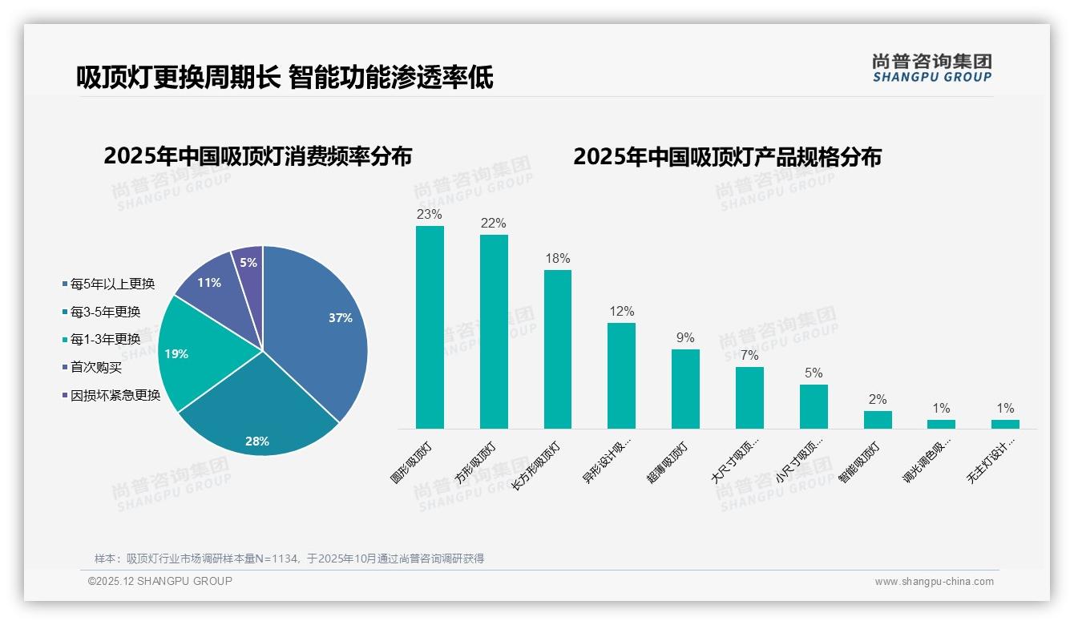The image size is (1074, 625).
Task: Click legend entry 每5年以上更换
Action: (x=112, y=284)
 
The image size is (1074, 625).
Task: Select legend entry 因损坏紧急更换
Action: (x=115, y=395)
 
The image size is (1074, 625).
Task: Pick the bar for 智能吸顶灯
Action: (x=878, y=420)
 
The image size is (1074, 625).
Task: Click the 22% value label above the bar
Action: (x=494, y=224)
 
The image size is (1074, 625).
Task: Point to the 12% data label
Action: (x=621, y=312)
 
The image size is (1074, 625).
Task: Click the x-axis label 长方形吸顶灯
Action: (x=539, y=466)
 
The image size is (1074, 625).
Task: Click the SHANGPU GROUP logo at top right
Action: (x=932, y=68)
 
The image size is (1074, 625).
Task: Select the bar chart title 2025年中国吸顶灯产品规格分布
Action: (x=727, y=157)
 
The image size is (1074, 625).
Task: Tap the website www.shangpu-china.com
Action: (x=934, y=582)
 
